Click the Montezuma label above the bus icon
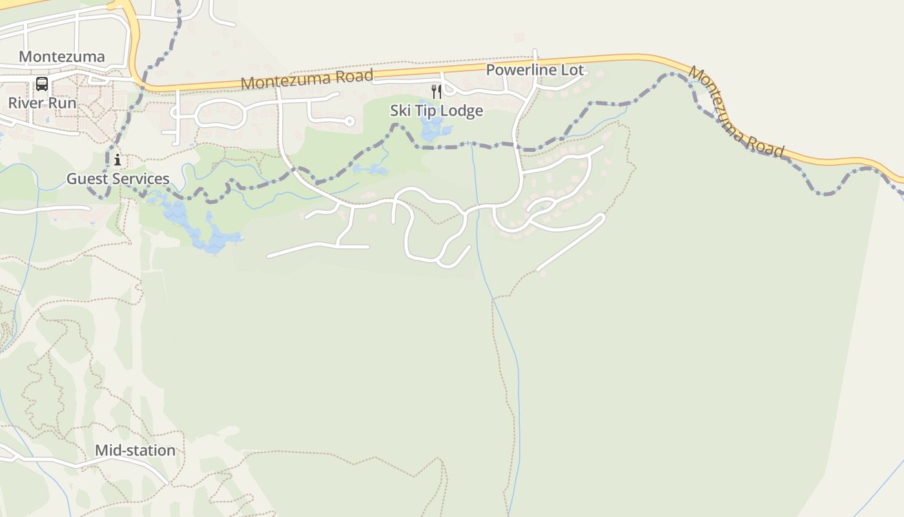pyautogui.click(x=61, y=57)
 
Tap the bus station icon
pyautogui.click(x=42, y=84)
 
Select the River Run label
pyautogui.click(x=42, y=103)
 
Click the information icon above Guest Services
pyautogui.click(x=117, y=160)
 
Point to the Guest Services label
pyautogui.click(x=118, y=179)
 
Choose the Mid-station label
pyautogui.click(x=135, y=450)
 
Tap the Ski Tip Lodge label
pyautogui.click(x=437, y=111)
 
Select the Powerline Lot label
pyautogui.click(x=535, y=70)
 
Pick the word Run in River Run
pyautogui.click(x=63, y=103)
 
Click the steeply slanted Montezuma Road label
pyautogui.click(x=736, y=113)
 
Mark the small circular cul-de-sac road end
pyautogui.click(x=350, y=121)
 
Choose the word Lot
pyautogui.click(x=572, y=70)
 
